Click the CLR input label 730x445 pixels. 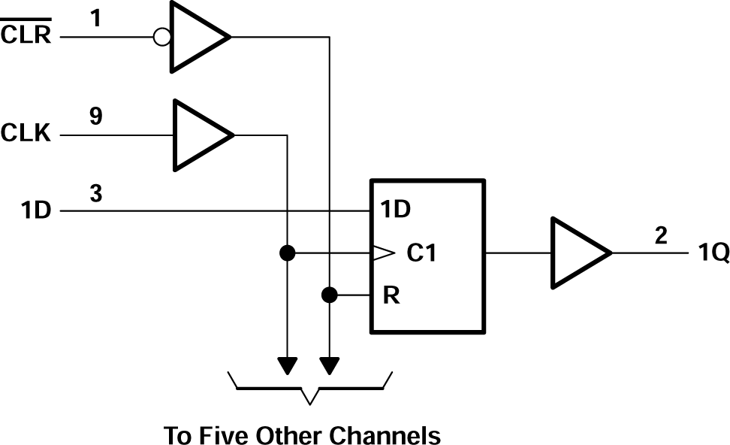[26, 35]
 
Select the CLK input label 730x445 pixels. [26, 135]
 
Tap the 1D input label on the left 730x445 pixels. [36, 211]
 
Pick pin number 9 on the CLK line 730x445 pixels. [95, 117]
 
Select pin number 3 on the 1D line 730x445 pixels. [95, 193]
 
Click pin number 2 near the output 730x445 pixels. [660, 235]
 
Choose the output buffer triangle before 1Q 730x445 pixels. [578, 253]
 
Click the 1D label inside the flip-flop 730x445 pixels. [395, 210]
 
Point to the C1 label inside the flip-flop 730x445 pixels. [421, 254]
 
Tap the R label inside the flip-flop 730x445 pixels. [391, 295]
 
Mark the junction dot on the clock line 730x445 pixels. [286, 253]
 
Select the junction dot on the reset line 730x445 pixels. [329, 295]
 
